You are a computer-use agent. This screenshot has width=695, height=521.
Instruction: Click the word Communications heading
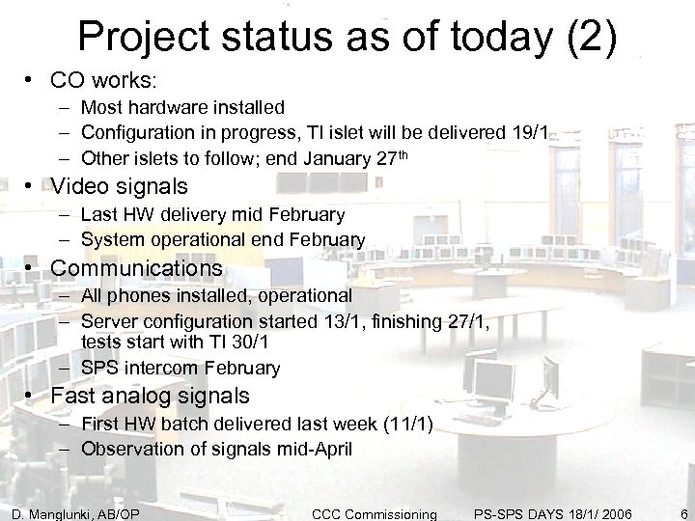click(136, 267)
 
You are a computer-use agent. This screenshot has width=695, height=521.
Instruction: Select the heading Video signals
click(119, 185)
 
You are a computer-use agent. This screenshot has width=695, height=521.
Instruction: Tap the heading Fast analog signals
click(150, 395)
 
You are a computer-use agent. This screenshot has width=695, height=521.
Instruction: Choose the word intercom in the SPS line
click(162, 368)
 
